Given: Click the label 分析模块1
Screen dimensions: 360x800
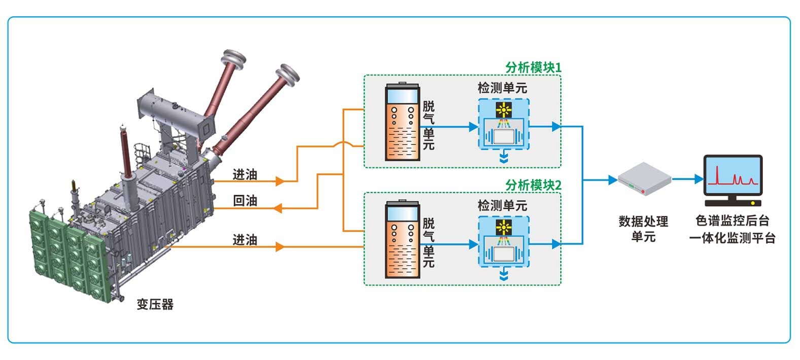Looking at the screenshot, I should [x=533, y=67].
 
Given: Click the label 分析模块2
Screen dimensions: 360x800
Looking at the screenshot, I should [x=533, y=185].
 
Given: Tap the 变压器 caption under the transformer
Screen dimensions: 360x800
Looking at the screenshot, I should [x=155, y=304].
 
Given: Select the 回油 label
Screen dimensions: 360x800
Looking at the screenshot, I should [x=245, y=201].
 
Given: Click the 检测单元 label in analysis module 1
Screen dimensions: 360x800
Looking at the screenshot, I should [x=502, y=88].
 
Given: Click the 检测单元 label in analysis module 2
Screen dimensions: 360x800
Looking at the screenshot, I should [x=502, y=205].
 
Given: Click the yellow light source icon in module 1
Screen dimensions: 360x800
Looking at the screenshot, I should [x=503, y=110].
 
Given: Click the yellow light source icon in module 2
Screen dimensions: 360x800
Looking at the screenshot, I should [x=503, y=227].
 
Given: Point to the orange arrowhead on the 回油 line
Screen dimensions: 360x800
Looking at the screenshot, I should [x=277, y=208].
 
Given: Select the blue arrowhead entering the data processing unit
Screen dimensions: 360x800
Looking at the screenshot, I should [x=612, y=179].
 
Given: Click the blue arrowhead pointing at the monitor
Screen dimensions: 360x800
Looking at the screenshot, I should [x=699, y=179].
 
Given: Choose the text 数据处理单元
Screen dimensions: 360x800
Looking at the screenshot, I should [x=643, y=229].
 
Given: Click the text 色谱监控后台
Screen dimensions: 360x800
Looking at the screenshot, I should [x=732, y=221].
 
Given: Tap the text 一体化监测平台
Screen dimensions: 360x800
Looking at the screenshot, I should [x=732, y=238].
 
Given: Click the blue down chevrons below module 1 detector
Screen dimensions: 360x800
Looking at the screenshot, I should [x=504, y=158].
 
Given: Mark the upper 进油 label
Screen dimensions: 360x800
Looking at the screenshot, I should [x=245, y=174].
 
